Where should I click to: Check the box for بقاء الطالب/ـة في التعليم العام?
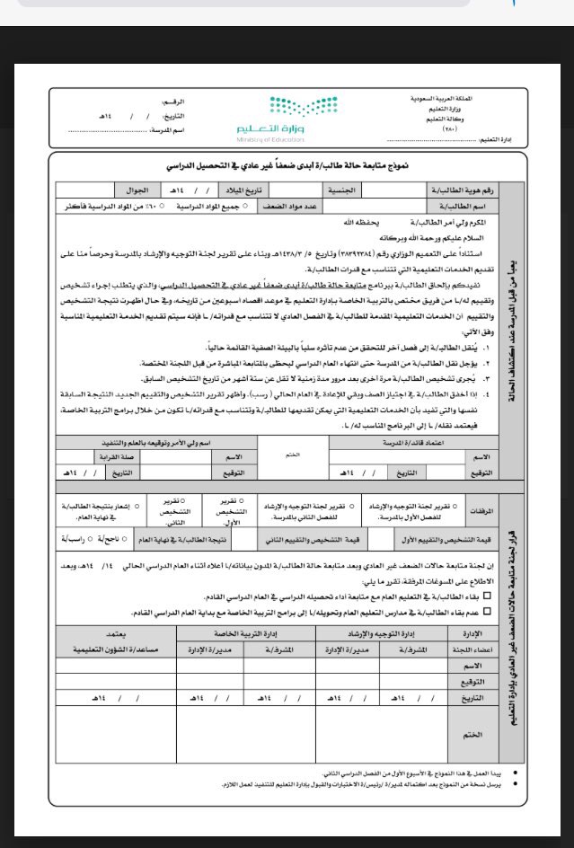tap(488, 596)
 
